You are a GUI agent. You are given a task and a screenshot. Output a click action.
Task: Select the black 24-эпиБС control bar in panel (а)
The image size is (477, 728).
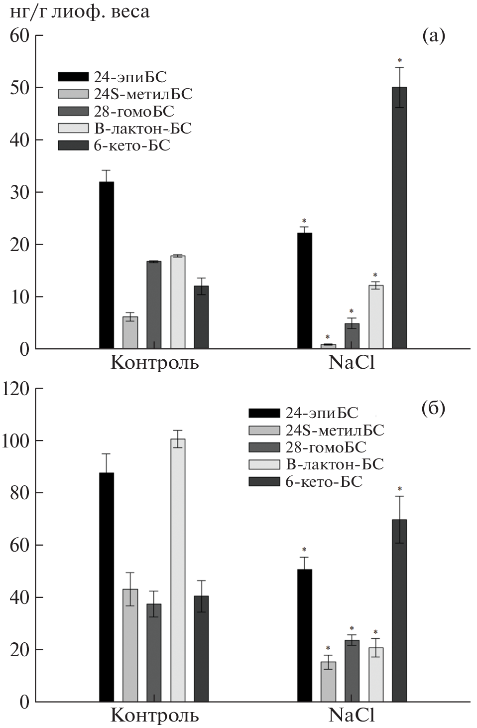coord(107,265)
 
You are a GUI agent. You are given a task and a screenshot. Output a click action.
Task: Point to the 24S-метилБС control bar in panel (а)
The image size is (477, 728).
coord(130,332)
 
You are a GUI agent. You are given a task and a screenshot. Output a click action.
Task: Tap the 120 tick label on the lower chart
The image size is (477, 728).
coord(16,389)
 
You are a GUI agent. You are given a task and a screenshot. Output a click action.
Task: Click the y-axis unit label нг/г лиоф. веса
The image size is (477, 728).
coord(79,11)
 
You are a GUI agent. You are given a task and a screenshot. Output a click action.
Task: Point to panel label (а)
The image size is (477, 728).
coord(433,36)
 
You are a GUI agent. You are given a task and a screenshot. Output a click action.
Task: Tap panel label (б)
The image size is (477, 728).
coord(433,409)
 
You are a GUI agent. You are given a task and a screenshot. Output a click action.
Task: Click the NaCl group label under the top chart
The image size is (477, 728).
coord(352,363)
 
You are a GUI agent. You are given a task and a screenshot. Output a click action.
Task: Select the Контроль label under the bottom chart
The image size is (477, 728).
coord(154,716)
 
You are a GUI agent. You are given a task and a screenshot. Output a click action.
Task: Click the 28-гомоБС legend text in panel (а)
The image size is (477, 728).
coord(134,111)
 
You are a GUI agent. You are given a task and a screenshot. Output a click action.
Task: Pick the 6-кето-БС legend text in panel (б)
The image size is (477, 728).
coord(324,482)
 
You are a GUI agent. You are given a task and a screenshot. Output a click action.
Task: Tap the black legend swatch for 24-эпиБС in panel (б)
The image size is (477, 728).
coord(263,413)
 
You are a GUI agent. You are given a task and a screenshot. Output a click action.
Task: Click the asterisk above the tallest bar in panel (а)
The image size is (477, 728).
coord(399,60)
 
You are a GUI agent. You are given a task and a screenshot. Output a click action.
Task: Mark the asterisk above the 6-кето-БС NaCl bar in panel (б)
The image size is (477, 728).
coord(399,489)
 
